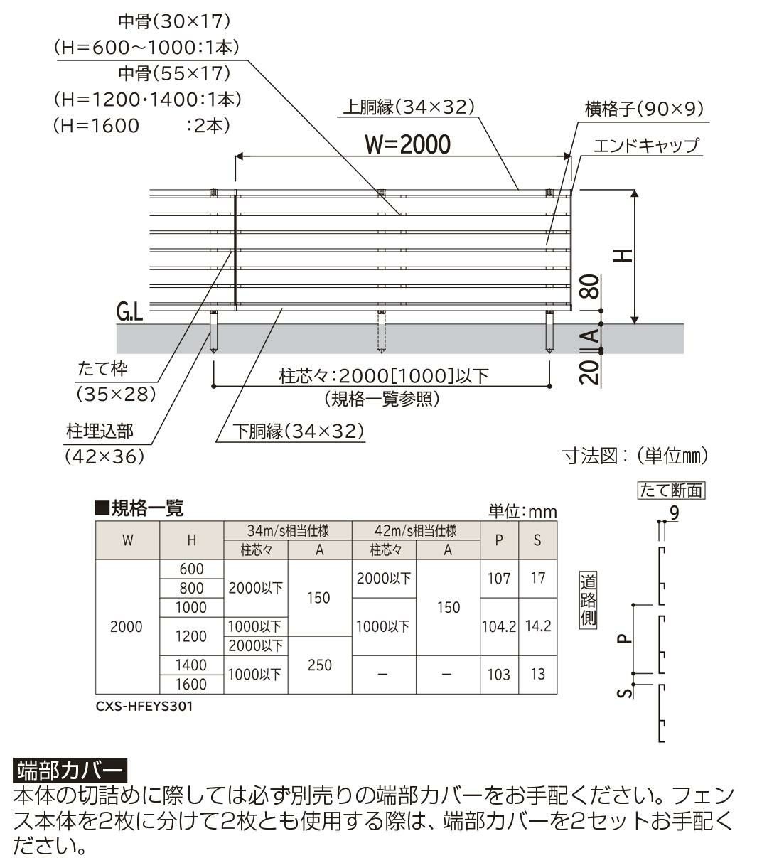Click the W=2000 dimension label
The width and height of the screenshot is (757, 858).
click(407, 144)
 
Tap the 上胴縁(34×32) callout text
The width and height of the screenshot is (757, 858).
click(408, 107)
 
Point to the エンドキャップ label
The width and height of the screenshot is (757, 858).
click(645, 146)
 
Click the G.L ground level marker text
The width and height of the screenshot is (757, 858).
click(130, 311)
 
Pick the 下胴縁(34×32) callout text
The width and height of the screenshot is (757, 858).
click(299, 431)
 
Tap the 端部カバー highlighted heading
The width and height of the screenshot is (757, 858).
click(70, 770)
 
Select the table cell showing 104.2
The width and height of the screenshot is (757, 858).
click(498, 627)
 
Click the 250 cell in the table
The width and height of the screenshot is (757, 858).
click(319, 665)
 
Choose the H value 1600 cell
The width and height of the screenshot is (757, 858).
click(191, 685)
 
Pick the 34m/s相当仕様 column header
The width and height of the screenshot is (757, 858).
click(288, 531)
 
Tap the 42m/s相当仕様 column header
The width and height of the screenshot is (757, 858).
click(416, 531)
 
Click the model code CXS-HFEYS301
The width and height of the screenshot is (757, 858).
click(144, 707)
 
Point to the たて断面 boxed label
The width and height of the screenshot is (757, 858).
click(671, 490)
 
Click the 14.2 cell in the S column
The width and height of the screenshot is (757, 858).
click(537, 627)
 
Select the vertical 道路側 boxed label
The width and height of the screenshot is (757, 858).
click(588, 599)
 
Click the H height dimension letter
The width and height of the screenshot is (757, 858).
click(623, 254)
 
